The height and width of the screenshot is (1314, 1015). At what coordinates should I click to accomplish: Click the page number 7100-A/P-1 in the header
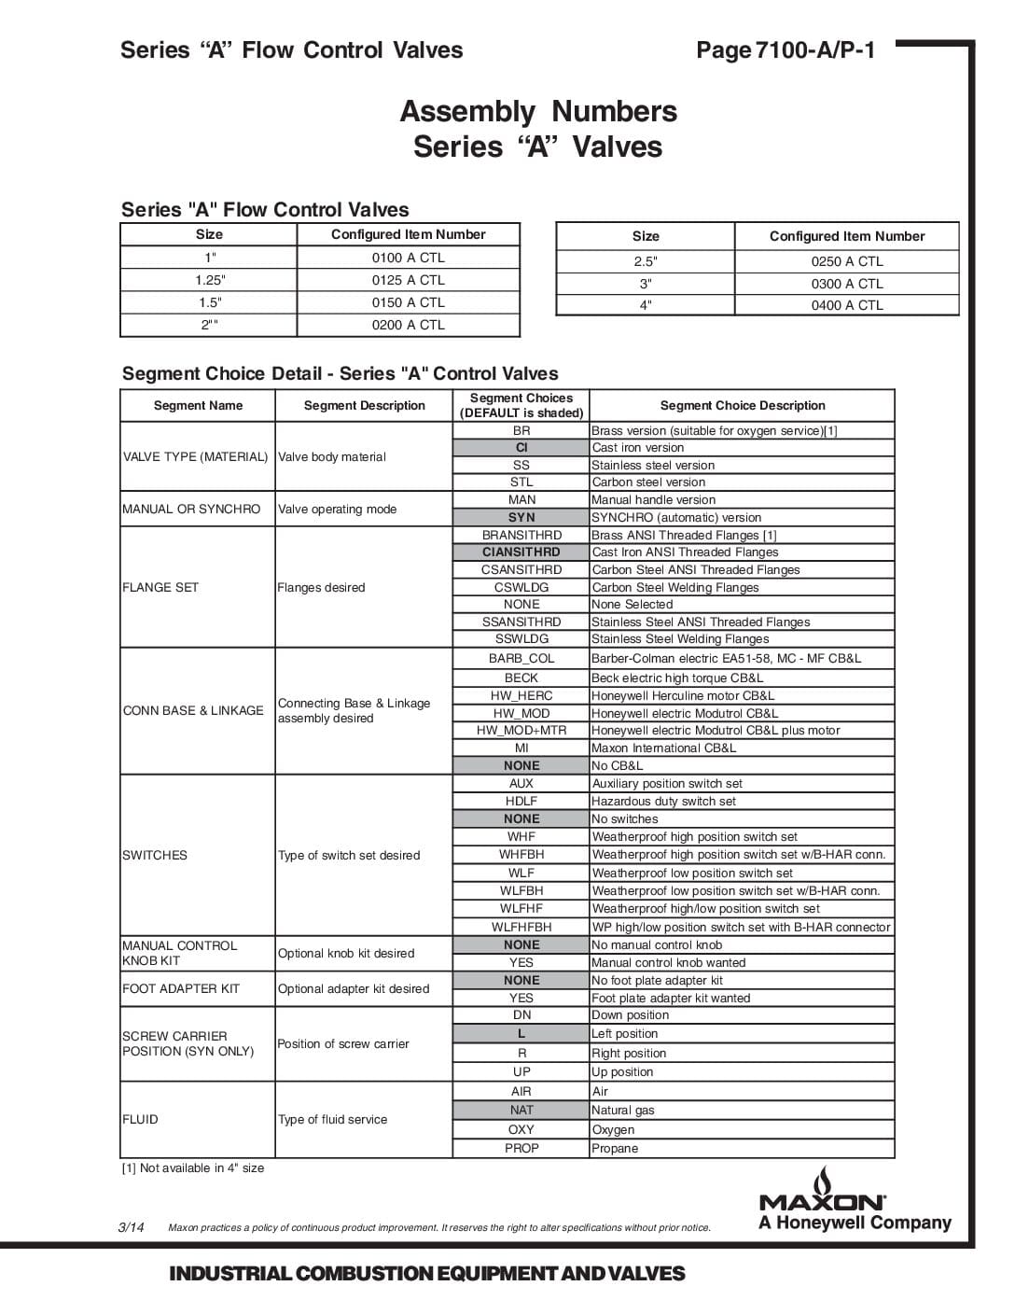pyautogui.click(x=786, y=50)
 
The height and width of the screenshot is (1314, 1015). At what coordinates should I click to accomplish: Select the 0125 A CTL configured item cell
pyautogui.click(x=408, y=280)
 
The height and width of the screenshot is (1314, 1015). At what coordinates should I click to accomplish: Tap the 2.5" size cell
pyautogui.click(x=645, y=261)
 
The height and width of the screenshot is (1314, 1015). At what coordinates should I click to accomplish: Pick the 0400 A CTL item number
pyautogui.click(x=846, y=305)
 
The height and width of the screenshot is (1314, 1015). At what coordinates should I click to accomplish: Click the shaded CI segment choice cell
pyautogui.click(x=521, y=448)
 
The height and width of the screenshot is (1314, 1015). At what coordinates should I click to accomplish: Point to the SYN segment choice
pyautogui.click(x=521, y=517)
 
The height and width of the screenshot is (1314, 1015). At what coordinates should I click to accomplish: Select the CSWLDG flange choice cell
pyautogui.click(x=521, y=587)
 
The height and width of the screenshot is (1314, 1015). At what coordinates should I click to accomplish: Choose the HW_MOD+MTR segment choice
pyautogui.click(x=521, y=731)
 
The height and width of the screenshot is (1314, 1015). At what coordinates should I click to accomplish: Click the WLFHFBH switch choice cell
pyautogui.click(x=521, y=927)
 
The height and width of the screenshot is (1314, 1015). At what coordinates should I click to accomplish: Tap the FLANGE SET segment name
pyautogui.click(x=160, y=587)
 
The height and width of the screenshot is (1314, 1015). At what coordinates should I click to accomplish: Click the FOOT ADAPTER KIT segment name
pyautogui.click(x=181, y=988)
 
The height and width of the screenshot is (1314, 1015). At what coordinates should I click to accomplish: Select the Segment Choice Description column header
pyautogui.click(x=742, y=405)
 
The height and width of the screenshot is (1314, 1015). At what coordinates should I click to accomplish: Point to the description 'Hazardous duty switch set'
pyautogui.click(x=663, y=801)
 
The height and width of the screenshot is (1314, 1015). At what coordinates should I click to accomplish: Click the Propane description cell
pyautogui.click(x=615, y=1148)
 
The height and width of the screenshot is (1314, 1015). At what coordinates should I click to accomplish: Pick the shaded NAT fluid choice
pyautogui.click(x=521, y=1110)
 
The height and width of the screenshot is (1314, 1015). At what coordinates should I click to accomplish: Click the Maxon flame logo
pyautogui.click(x=823, y=1181)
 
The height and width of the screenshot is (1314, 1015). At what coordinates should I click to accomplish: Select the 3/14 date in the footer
pyautogui.click(x=132, y=1227)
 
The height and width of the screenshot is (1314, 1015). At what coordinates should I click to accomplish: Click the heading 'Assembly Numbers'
pyautogui.click(x=538, y=111)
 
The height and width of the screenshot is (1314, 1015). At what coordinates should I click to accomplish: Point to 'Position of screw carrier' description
pyautogui.click(x=343, y=1043)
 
